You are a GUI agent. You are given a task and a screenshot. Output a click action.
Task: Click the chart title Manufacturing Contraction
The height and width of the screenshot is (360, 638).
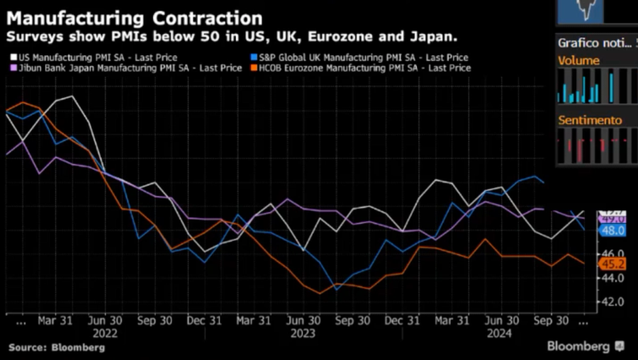[x=134, y=17]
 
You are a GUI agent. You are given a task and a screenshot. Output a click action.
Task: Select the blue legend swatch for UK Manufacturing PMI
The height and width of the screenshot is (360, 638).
[x=254, y=57]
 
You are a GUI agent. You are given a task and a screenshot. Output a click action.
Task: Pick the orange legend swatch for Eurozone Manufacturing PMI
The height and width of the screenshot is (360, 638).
[x=254, y=68]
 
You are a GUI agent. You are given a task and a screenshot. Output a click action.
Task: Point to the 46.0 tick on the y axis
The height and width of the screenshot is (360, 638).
[x=612, y=253]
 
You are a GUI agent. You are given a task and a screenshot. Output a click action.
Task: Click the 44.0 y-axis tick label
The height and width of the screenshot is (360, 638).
[x=612, y=277]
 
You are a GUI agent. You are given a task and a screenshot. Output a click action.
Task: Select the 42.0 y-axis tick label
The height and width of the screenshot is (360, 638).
[x=612, y=301]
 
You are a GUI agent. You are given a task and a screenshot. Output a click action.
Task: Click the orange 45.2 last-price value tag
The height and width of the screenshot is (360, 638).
[x=612, y=264]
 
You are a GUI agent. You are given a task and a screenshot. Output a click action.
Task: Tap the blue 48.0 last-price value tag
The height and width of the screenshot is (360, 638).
[x=612, y=230]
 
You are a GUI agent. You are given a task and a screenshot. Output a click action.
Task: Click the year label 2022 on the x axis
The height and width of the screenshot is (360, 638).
[x=105, y=332]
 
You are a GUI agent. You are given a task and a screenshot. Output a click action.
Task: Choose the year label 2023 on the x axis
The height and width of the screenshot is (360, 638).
[x=303, y=332]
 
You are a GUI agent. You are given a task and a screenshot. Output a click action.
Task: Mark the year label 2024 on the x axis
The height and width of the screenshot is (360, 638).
[x=501, y=332]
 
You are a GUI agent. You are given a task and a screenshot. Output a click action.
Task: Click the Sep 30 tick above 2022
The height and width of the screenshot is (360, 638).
[x=155, y=320]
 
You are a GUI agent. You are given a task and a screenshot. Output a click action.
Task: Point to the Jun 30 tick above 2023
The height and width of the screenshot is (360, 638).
[x=303, y=320]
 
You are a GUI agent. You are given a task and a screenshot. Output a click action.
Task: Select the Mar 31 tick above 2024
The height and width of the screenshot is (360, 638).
[x=452, y=320]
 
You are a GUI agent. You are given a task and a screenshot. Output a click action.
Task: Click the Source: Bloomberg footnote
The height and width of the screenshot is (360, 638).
[x=57, y=348]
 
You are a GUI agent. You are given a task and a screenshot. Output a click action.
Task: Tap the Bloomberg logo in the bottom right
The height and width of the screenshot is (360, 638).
[x=585, y=347]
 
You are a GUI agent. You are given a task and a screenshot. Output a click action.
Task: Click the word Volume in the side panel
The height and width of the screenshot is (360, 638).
[x=578, y=61]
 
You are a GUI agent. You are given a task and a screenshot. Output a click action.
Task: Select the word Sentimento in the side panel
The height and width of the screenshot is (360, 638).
[x=590, y=120]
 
